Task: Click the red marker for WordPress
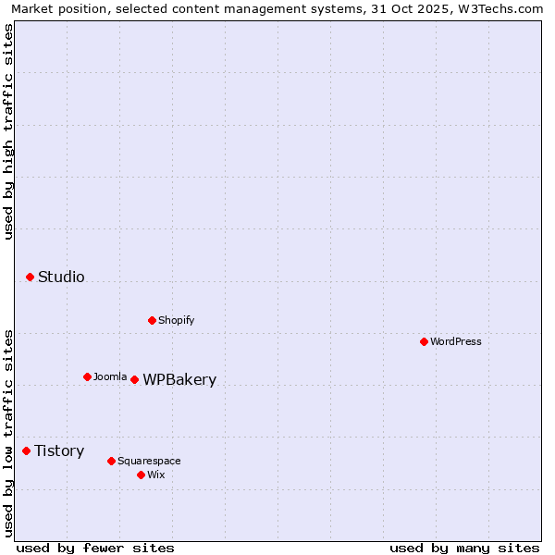[x=424, y=341]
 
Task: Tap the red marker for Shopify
[x=152, y=320]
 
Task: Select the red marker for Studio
[x=30, y=277]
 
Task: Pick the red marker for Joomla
[x=87, y=376]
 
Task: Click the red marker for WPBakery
[x=134, y=379]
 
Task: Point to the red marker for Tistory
[x=26, y=450]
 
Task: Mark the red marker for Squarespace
[x=111, y=461]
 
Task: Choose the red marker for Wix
[x=141, y=475]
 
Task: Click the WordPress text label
[x=456, y=341]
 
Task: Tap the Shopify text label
[x=177, y=320]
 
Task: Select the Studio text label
[x=61, y=277]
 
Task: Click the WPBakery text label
[x=179, y=379]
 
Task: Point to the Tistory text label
[x=59, y=450]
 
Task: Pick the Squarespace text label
[x=149, y=461]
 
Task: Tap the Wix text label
[x=156, y=475]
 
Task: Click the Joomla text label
[x=110, y=376]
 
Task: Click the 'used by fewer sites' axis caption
[x=95, y=548]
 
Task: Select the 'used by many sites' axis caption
[x=464, y=548]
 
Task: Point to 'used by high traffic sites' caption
[x=8, y=131]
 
